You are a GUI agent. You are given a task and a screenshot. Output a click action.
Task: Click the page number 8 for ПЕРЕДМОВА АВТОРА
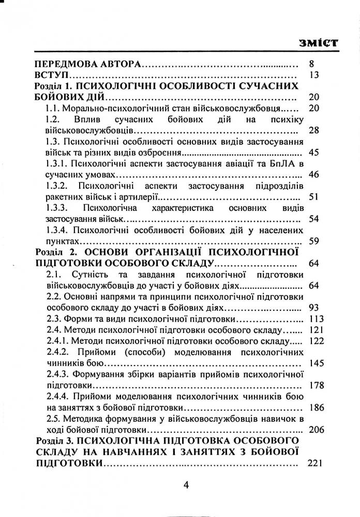pyautogui.click(x=311, y=65)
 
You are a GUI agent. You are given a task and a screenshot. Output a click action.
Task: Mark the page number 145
pyautogui.click(x=315, y=362)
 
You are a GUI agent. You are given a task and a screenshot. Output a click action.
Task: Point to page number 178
pyautogui.click(x=315, y=385)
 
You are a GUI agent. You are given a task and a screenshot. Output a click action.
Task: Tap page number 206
pyautogui.click(x=315, y=429)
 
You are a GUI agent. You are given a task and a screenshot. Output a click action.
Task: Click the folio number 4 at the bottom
pyautogui.click(x=187, y=485)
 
